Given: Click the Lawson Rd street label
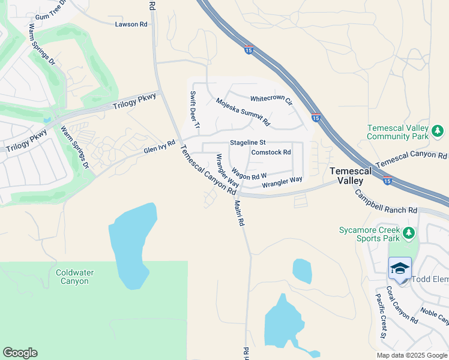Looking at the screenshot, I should click(x=131, y=24).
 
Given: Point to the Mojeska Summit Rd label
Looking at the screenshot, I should click(x=243, y=112).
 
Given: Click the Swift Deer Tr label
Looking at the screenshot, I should click(x=194, y=109).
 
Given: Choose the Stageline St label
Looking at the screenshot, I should click(x=248, y=143).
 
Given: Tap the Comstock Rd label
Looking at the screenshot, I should click(x=271, y=152).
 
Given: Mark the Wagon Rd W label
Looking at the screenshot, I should click(x=249, y=173).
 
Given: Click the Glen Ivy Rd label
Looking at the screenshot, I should click(x=159, y=147).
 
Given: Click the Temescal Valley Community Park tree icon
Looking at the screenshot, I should click(x=438, y=131).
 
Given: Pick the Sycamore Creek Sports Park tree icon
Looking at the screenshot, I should click(x=409, y=232).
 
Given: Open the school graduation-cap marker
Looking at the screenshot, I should click(x=400, y=268).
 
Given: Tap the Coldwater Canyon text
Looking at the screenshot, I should click(x=75, y=277).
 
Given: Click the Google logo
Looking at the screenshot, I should click(x=20, y=353).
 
